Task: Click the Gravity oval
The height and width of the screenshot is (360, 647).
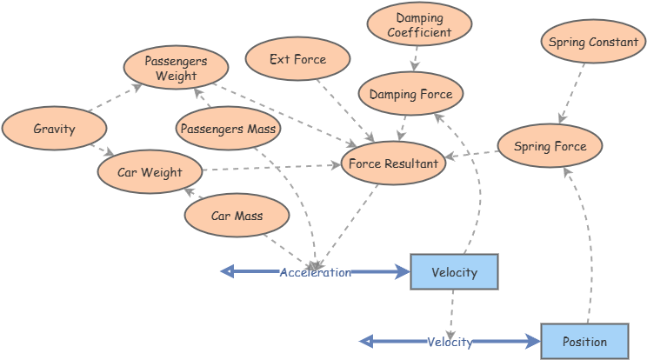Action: coord(54,130)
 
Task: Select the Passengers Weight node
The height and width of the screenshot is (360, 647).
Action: coord(176,68)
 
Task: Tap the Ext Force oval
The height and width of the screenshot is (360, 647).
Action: coord(297,60)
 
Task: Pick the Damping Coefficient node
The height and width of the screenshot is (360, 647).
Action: coord(419,25)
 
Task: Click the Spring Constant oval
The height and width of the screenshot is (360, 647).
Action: coord(593,43)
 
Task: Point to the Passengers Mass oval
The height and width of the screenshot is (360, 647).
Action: coord(228,130)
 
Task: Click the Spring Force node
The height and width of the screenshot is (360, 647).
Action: coord(550,146)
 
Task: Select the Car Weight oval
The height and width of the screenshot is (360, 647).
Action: coord(150,172)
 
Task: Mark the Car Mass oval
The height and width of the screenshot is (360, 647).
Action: coord(237,216)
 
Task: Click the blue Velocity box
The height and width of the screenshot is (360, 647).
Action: coord(454,272)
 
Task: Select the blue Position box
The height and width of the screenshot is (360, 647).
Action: coord(584,342)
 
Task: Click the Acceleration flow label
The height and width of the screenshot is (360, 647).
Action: coord(315,272)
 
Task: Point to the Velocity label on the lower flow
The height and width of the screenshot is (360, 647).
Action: coord(450,342)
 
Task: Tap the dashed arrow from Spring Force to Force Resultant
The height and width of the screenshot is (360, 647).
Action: coord(471,156)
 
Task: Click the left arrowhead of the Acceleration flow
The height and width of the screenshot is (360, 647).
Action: coord(228,272)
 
